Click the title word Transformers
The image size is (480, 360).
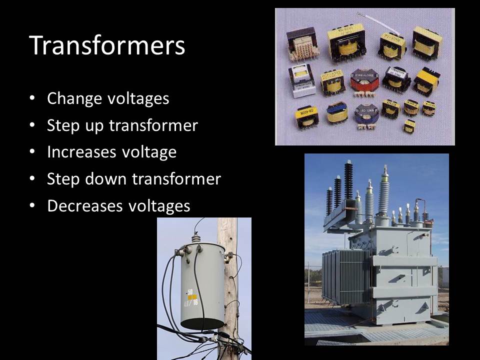point(107,45)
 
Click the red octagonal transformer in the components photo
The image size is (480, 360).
point(364,80)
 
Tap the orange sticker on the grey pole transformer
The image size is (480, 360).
point(190,296)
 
